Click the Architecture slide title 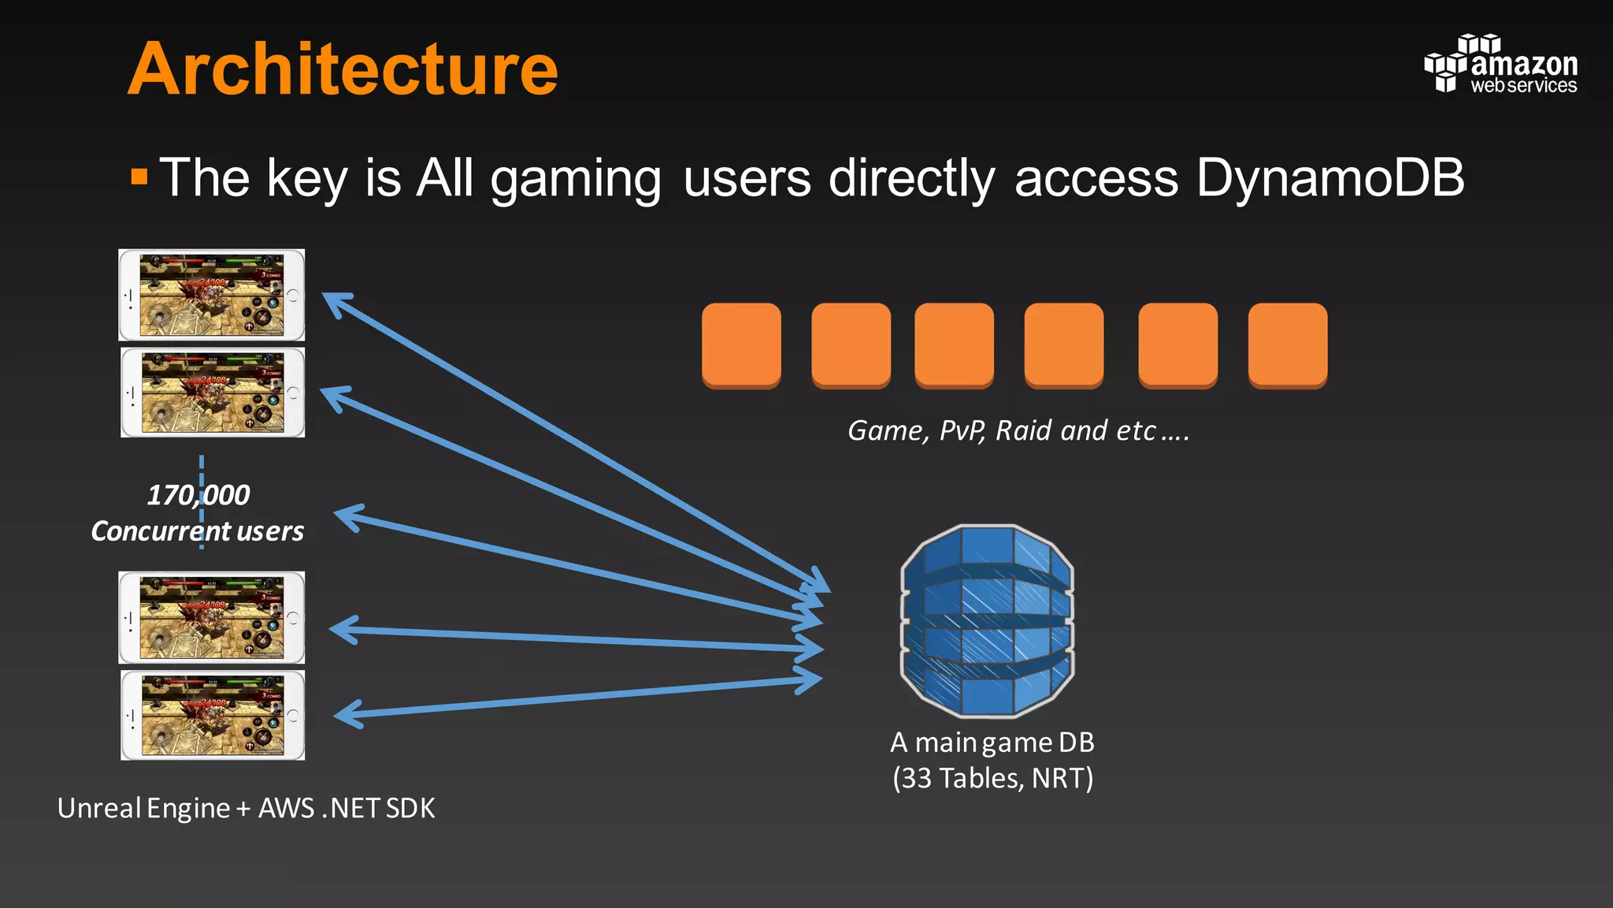tap(343, 69)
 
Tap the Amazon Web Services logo tap(1500, 65)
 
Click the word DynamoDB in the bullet tap(1329, 177)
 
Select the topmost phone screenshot tap(211, 295)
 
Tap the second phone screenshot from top tap(212, 393)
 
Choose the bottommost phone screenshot tap(212, 715)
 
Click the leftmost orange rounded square tap(741, 345)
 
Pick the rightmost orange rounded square tap(1288, 345)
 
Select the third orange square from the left tap(954, 345)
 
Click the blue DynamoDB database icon tap(987, 620)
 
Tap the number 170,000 tap(198, 495)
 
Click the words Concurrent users tap(197, 531)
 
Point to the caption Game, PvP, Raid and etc tap(1018, 430)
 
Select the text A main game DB tap(992, 742)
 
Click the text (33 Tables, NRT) tap(992, 778)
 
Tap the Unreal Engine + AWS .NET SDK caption tap(246, 809)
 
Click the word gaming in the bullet tap(576, 179)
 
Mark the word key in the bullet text tap(307, 179)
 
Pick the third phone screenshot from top tap(211, 617)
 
